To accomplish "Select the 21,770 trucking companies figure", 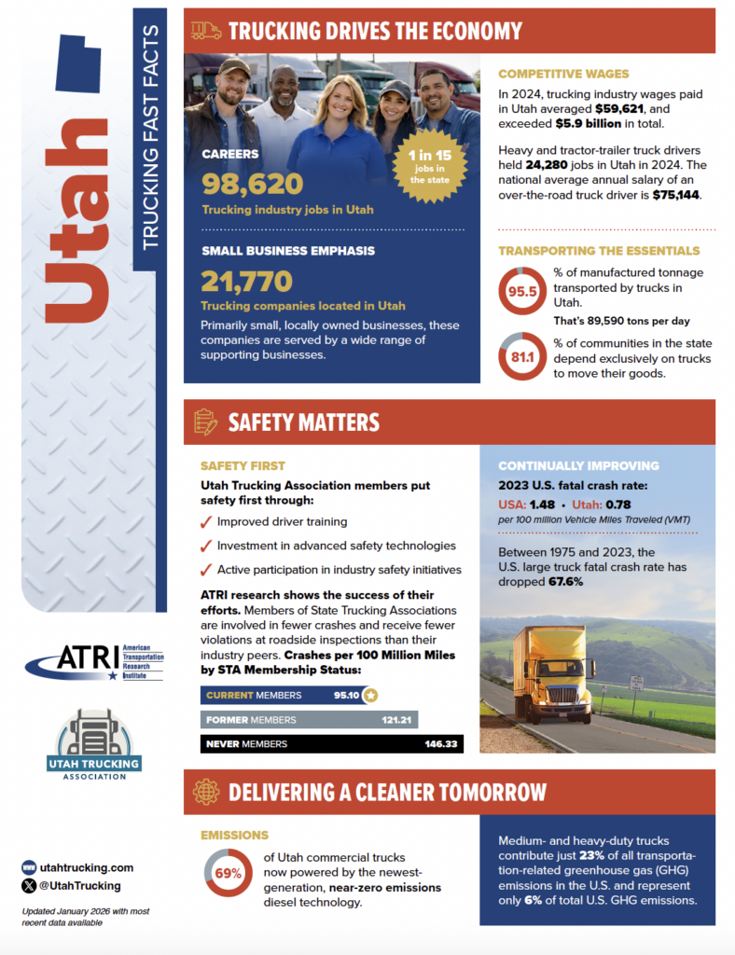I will point(246,281).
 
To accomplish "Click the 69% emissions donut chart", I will point(229,874).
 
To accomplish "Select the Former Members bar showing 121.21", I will point(309,719).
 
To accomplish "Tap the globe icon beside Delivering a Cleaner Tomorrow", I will point(205,792).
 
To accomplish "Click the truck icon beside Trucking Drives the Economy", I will point(205,31).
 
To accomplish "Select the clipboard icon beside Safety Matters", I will point(205,422).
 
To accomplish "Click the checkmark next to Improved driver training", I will point(206,521).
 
